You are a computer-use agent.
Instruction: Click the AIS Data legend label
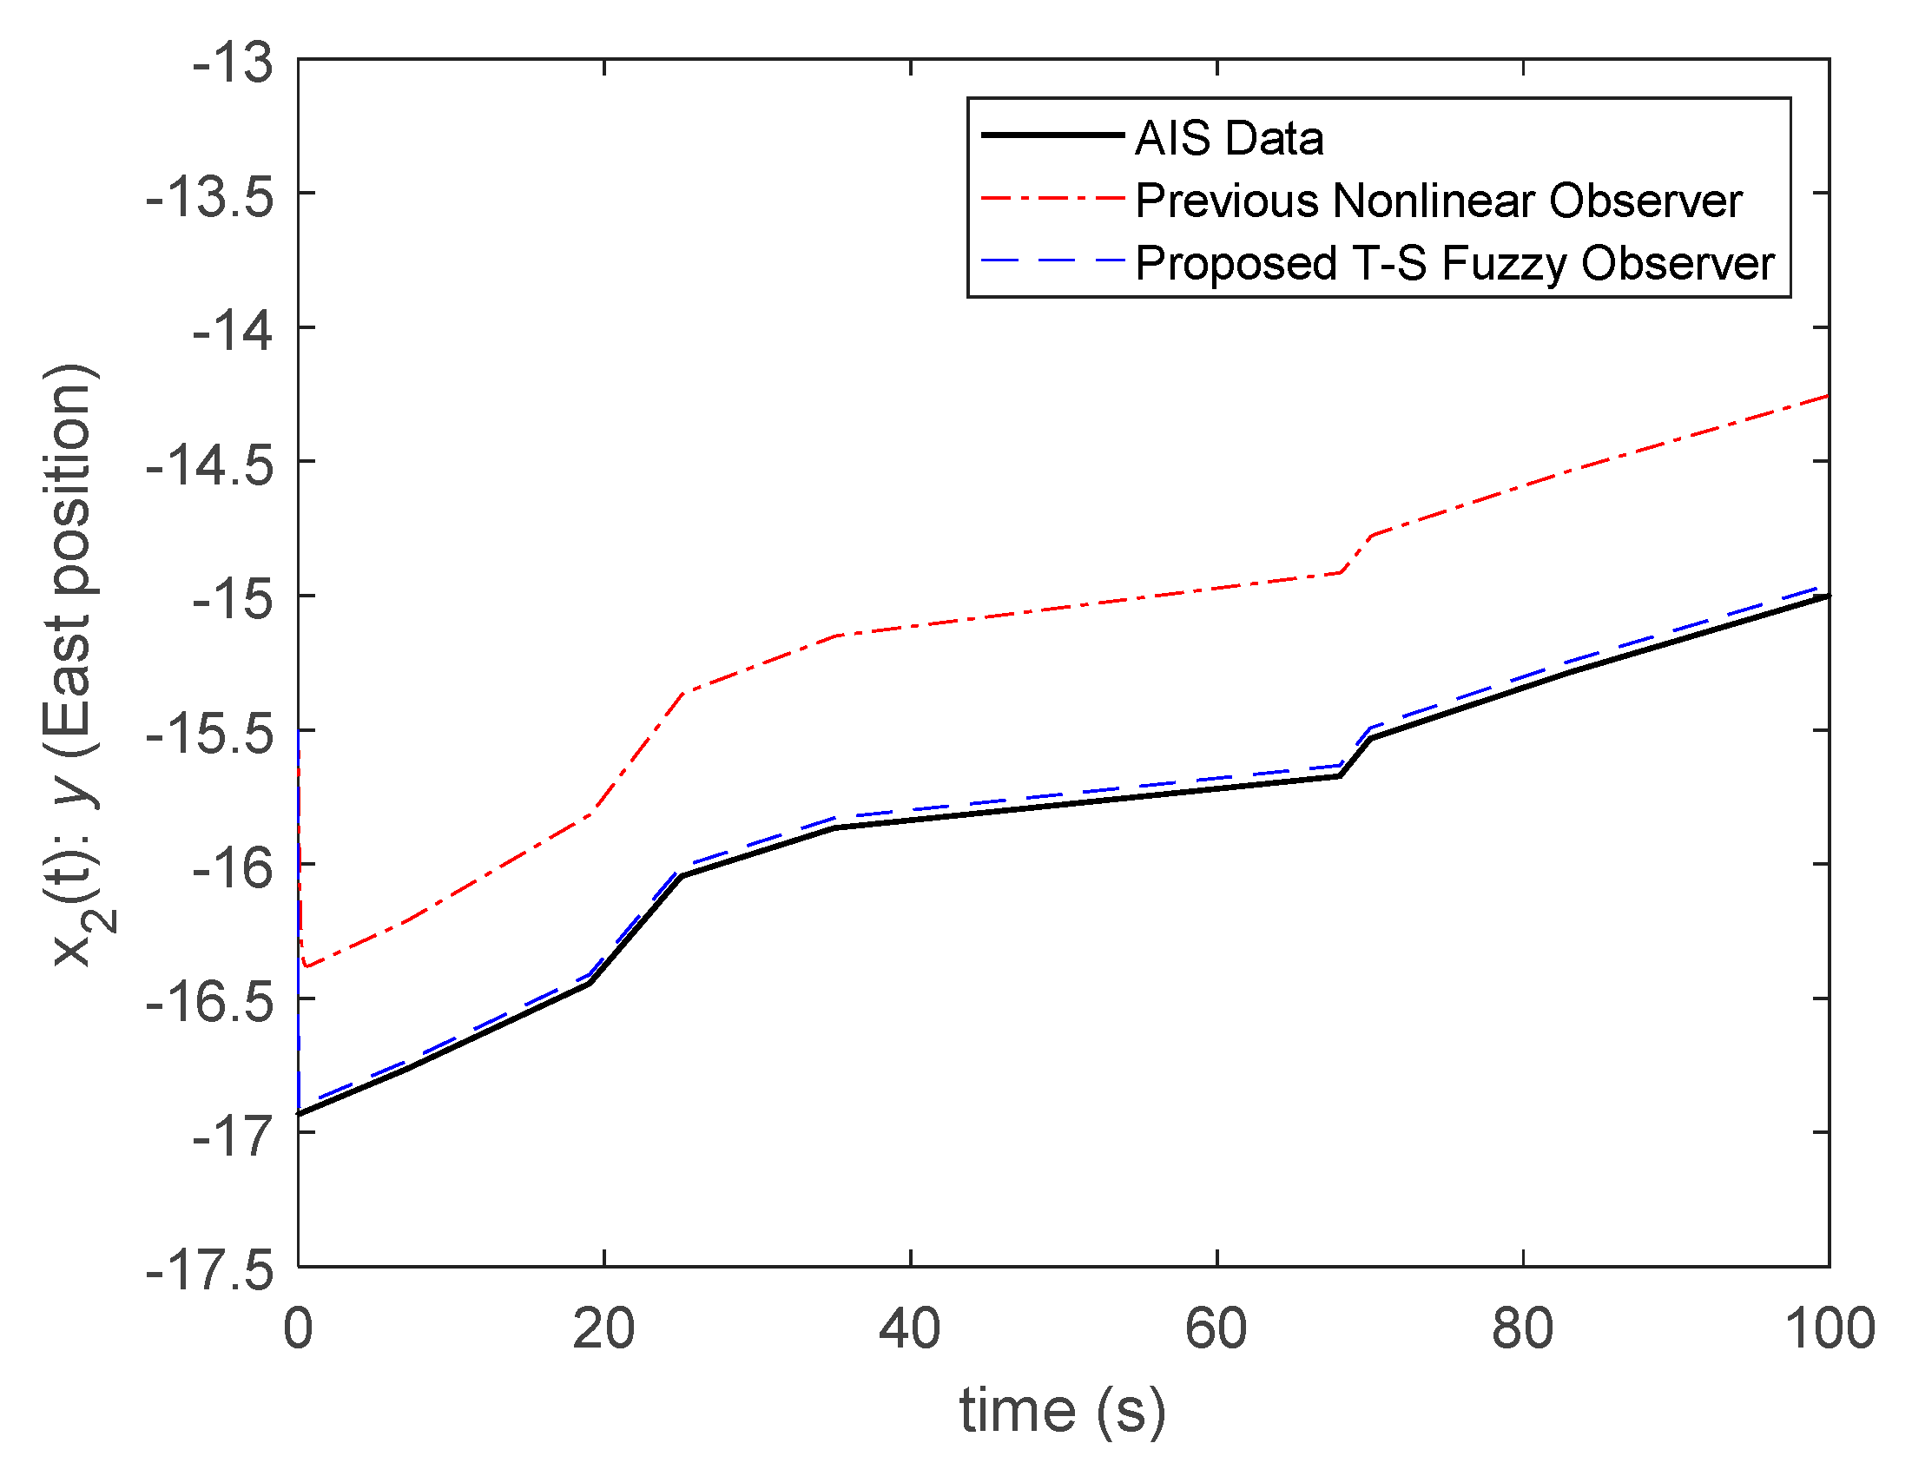click(1229, 139)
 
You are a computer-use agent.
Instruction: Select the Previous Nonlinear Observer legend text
click(1439, 201)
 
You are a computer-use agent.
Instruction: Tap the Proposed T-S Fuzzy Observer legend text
click(1454, 263)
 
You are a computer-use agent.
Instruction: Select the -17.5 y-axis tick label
click(209, 1270)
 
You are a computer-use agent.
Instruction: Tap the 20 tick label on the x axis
click(603, 1330)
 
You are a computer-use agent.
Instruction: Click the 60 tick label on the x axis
click(1216, 1330)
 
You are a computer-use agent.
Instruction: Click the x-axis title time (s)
click(1061, 1410)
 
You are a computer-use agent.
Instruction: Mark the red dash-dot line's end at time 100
click(1828, 396)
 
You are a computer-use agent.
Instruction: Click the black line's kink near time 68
click(1340, 775)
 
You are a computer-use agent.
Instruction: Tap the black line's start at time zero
click(299, 1113)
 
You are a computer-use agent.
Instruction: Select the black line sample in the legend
click(1052, 135)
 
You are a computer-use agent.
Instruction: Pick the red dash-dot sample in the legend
click(1052, 199)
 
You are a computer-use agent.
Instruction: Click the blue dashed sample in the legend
click(1052, 260)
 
